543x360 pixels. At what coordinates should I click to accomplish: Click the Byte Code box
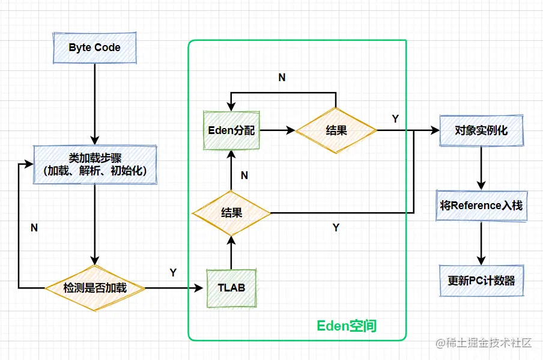tap(94, 47)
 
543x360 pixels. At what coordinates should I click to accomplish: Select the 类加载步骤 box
tap(95, 165)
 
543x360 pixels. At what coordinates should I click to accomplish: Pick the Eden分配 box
tap(231, 130)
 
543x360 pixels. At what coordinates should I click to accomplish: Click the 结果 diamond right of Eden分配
tap(336, 130)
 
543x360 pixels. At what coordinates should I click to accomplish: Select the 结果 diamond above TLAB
tap(231, 212)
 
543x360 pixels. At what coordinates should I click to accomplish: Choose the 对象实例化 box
tap(481, 130)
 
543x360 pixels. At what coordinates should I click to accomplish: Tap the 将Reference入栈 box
tap(481, 206)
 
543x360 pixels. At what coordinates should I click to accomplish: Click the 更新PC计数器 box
tap(481, 280)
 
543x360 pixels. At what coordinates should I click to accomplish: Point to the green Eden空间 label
tap(347, 326)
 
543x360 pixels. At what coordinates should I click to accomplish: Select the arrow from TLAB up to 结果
tap(231, 252)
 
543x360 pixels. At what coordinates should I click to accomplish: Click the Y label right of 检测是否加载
tap(173, 273)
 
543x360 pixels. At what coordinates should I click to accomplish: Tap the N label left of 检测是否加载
tap(34, 228)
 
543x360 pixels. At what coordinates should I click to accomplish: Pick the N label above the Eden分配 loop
tap(282, 78)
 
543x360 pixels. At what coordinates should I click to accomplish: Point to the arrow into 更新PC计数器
tap(481, 243)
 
